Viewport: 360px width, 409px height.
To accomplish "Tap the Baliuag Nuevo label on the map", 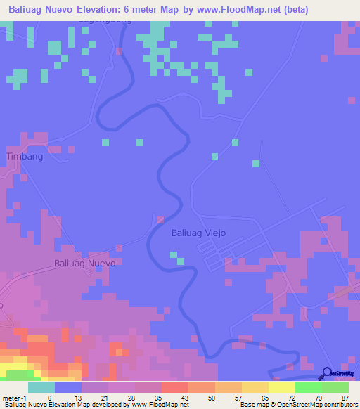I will click(84, 264).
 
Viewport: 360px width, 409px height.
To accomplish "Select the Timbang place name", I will click(25, 157).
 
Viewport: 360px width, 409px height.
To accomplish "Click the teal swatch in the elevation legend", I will click(41, 387).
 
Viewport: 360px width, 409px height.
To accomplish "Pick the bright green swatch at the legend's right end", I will click(335, 387).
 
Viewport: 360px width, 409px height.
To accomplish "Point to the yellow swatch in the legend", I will click(281, 387).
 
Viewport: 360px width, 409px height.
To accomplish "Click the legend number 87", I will click(345, 398).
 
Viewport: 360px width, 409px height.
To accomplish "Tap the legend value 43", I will click(184, 398).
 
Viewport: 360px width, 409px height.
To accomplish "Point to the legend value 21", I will click(104, 398).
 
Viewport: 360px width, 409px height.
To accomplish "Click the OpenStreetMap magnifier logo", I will click(327, 373).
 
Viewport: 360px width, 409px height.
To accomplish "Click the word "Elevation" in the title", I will click(107, 9).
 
